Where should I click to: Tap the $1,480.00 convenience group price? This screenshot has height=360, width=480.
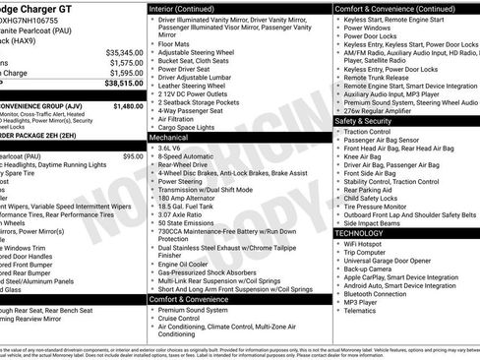[x=127, y=104]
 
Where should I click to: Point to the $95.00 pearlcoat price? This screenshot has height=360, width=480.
[x=132, y=156]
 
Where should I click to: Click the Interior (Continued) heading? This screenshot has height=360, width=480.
[x=189, y=7]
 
